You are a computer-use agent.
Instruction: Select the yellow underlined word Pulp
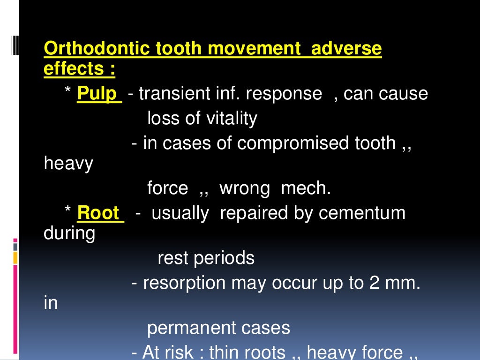[97, 93]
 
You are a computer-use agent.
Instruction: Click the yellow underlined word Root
[98, 213]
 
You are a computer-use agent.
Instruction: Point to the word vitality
[231, 118]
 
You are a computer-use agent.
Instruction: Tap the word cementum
[362, 213]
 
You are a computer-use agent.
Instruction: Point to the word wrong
[245, 188]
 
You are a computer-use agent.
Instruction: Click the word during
[69, 233]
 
